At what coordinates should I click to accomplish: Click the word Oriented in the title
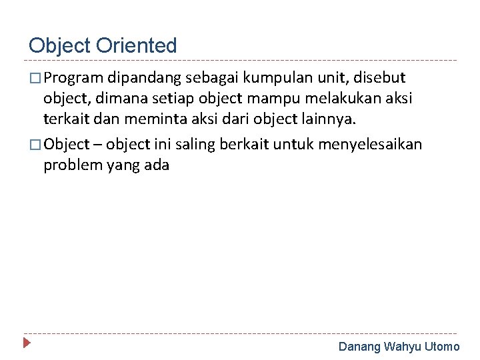tap(137, 45)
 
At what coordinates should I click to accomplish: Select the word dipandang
tap(139, 78)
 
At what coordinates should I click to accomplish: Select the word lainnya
tap(333, 119)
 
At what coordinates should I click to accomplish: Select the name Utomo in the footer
tap(442, 347)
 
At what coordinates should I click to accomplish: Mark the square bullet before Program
tap(35, 79)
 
